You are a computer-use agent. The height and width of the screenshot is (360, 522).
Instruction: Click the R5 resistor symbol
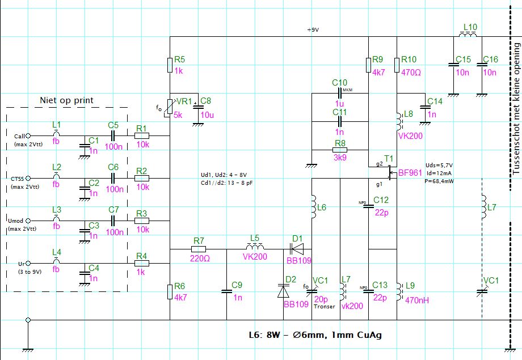click(x=170, y=65)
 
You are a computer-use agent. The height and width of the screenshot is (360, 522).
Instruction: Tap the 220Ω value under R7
click(x=200, y=259)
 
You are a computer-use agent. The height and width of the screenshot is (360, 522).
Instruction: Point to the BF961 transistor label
click(x=410, y=173)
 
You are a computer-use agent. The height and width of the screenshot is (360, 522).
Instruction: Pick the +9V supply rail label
click(x=313, y=30)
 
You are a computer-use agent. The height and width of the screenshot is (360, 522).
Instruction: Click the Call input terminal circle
click(x=28, y=135)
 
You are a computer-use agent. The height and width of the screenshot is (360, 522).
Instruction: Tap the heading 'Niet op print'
click(x=66, y=100)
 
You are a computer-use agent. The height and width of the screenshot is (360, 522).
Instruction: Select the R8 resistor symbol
click(x=340, y=150)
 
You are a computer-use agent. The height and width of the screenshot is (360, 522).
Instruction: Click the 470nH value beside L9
click(x=417, y=300)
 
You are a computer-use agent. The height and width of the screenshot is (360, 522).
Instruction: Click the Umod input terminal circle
click(x=28, y=221)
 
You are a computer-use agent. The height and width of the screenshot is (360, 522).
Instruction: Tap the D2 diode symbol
click(x=283, y=291)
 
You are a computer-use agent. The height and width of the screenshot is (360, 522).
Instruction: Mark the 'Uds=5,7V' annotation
click(x=439, y=166)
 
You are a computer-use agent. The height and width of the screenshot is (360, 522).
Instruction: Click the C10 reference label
click(x=339, y=83)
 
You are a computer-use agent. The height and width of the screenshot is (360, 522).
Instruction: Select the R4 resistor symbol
click(x=141, y=263)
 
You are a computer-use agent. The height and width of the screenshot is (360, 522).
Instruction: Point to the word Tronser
click(x=324, y=307)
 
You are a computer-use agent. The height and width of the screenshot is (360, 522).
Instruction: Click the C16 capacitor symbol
click(x=482, y=65)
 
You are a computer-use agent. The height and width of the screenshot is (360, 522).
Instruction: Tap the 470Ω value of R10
click(x=411, y=72)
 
